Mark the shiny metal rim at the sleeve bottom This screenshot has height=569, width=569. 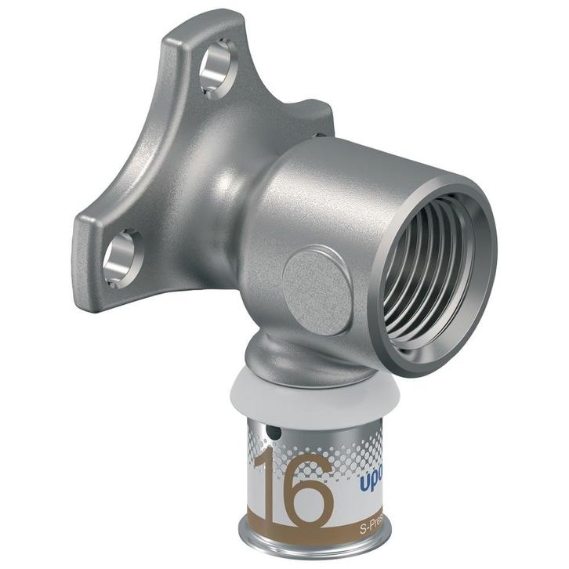coord(313,549)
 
